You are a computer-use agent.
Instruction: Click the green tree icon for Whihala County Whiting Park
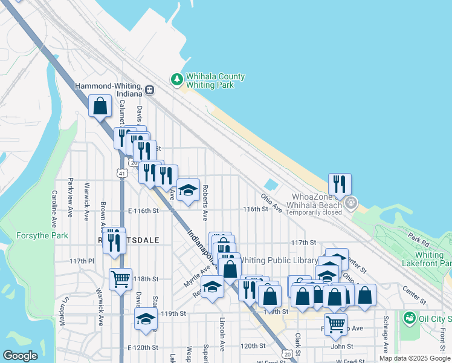pyautogui.click(x=177, y=79)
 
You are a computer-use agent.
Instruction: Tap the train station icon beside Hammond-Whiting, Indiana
pyautogui.click(x=149, y=90)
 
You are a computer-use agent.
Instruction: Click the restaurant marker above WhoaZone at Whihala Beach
pyautogui.click(x=340, y=184)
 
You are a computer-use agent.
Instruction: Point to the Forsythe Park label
pyautogui.click(x=42, y=235)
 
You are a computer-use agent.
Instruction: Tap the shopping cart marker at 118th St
pyautogui.click(x=120, y=280)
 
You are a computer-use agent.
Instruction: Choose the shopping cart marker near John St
pyautogui.click(x=335, y=324)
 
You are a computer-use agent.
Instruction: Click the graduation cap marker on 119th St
pyautogui.click(x=146, y=319)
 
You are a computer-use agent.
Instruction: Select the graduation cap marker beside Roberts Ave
pyautogui.click(x=188, y=191)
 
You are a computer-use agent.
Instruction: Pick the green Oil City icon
pyautogui.click(x=409, y=317)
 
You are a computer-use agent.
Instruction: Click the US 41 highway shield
pyautogui.click(x=122, y=174)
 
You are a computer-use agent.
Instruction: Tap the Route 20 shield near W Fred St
pyautogui.click(x=288, y=353)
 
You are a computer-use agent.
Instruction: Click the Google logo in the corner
pyautogui.click(x=21, y=355)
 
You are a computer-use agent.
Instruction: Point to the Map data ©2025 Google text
pyautogui.click(x=414, y=358)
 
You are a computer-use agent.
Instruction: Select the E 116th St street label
pyautogui.click(x=143, y=211)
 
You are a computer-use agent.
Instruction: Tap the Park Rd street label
pyautogui.click(x=418, y=237)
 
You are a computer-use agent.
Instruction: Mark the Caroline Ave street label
pyautogui.click(x=54, y=206)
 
